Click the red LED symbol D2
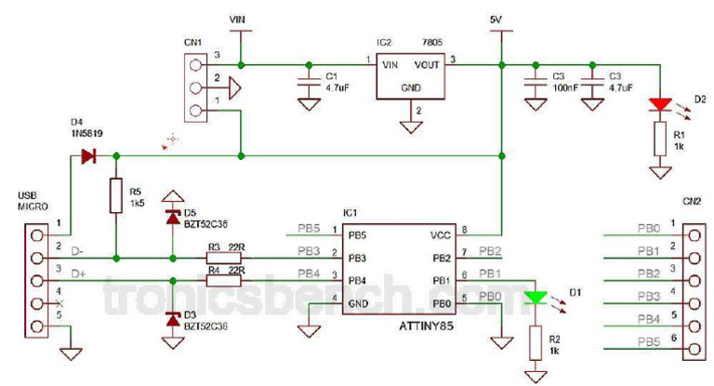click(x=660, y=103)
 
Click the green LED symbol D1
click(x=534, y=299)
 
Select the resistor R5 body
click(x=115, y=196)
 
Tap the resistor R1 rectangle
click(x=660, y=140)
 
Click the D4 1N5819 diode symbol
click(x=90, y=155)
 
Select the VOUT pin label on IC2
click(x=427, y=65)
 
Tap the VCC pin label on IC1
click(x=437, y=234)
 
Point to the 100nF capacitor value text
click(x=563, y=87)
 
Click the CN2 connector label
click(x=691, y=200)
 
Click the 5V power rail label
click(x=500, y=19)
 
